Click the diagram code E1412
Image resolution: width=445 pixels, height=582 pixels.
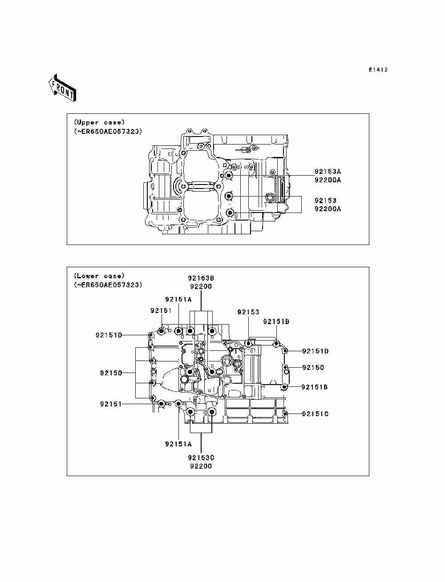[x=378, y=70]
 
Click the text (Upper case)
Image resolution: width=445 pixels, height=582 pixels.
[x=99, y=122]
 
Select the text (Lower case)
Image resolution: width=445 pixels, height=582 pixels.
[x=99, y=276]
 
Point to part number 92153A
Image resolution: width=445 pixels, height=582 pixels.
[x=328, y=171]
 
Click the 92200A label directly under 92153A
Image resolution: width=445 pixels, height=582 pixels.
[x=328, y=180]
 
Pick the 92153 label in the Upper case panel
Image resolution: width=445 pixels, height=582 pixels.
[x=325, y=201]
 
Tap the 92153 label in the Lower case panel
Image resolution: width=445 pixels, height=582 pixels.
[x=248, y=312]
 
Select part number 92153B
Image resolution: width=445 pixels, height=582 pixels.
[x=201, y=278]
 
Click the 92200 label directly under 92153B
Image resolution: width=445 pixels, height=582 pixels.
[x=201, y=287]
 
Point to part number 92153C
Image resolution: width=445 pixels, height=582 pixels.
[x=201, y=458]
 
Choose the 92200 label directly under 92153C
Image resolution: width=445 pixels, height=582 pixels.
[x=201, y=466]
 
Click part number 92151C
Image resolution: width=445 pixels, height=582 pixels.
[x=315, y=414]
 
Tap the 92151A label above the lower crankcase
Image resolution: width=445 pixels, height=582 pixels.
[x=178, y=299]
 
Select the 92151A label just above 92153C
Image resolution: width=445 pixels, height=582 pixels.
[x=178, y=444]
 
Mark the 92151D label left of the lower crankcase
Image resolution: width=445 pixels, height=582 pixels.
[x=108, y=335]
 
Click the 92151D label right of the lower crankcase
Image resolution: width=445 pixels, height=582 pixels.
[x=315, y=351]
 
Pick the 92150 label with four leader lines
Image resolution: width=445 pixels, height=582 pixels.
[x=111, y=373]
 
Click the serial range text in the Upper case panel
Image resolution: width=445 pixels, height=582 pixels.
[x=108, y=132]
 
